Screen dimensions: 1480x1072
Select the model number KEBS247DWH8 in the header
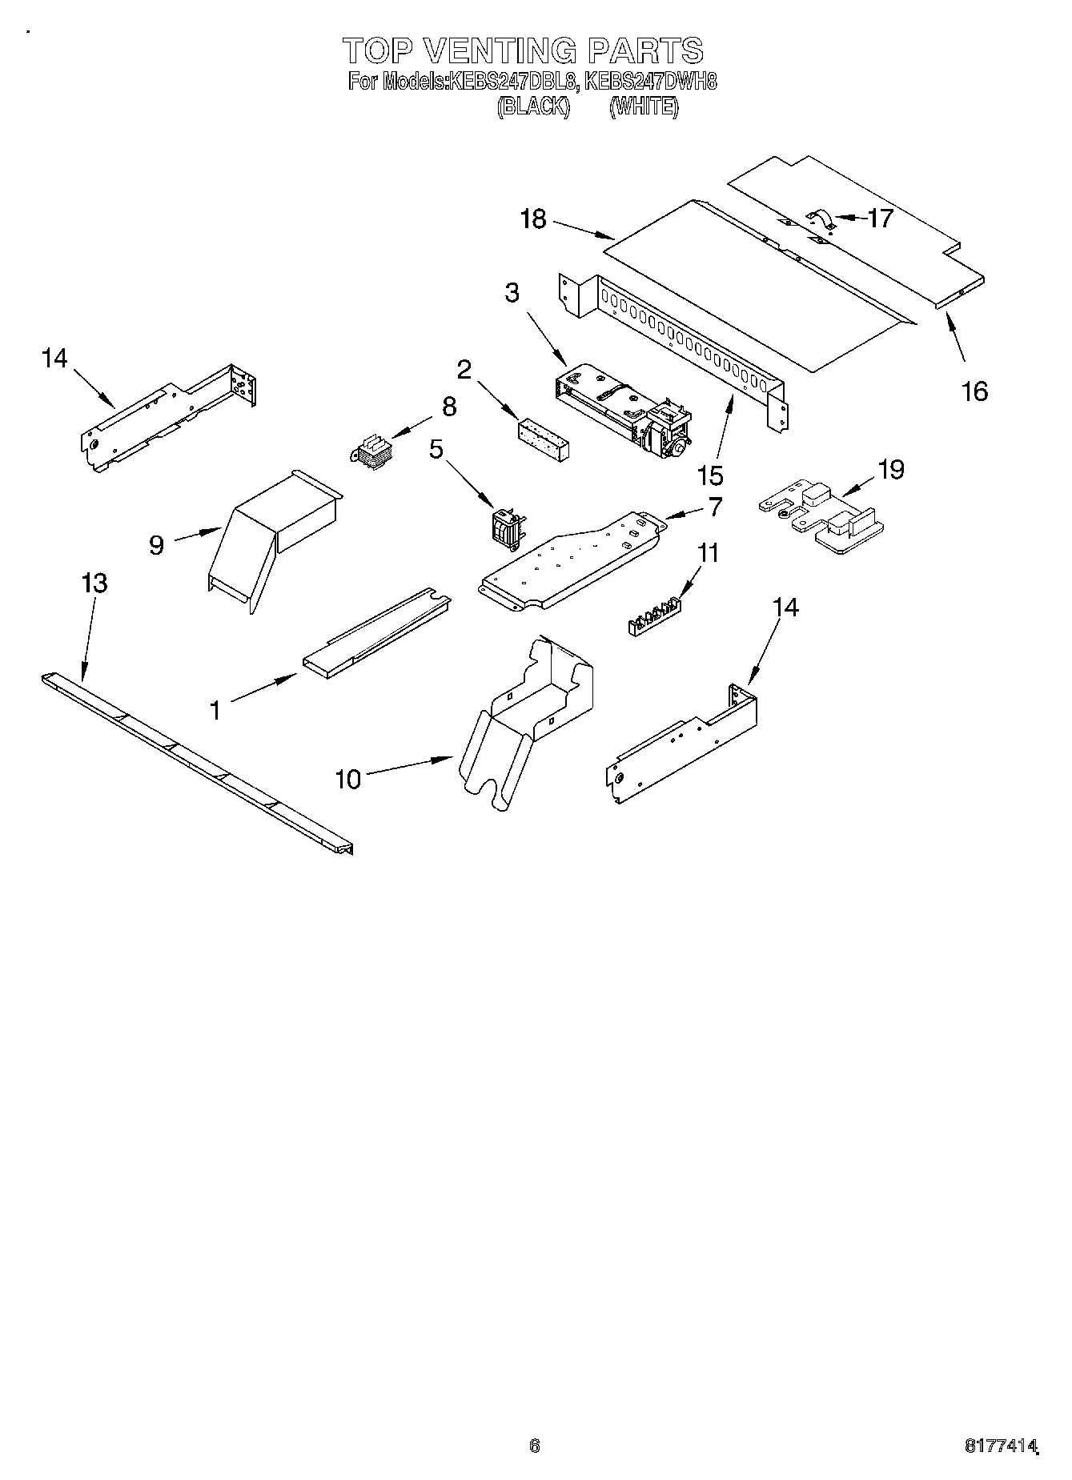650,82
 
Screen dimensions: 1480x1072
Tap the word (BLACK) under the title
533,106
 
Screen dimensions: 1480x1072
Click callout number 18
533,219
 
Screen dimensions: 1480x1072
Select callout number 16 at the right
974,391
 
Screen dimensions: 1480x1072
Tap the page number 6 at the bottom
535,1446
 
